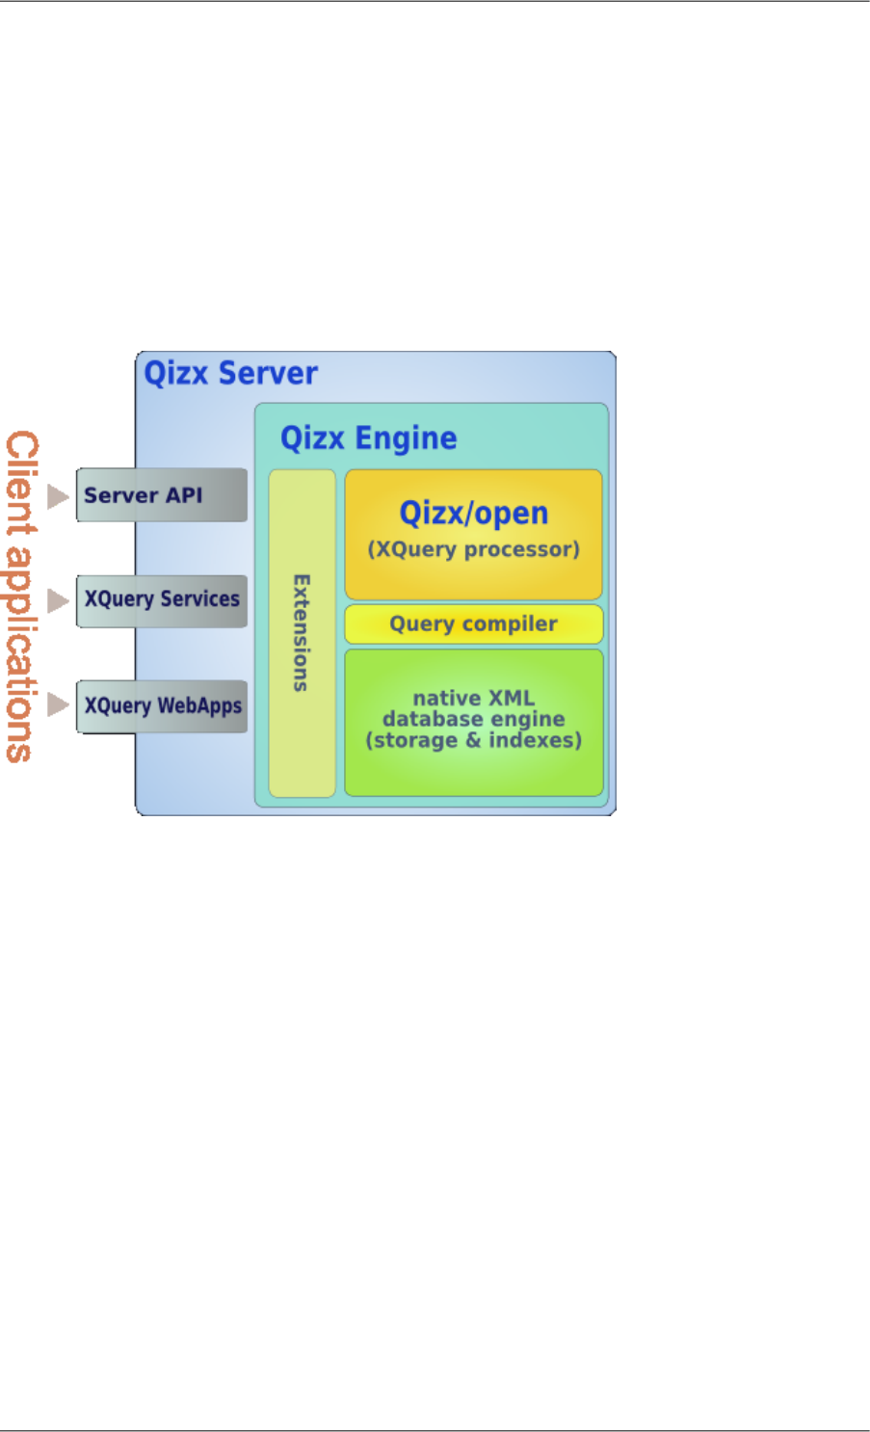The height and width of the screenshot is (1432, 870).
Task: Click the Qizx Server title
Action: [230, 374]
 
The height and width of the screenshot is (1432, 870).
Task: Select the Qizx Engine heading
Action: [368, 438]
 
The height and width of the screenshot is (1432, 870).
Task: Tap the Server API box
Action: [161, 495]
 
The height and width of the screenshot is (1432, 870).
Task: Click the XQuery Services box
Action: [161, 600]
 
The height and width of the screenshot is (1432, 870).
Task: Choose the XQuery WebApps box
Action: [161, 706]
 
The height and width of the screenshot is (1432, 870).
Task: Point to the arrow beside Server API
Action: [59, 496]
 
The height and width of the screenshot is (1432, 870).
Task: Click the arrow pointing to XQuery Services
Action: [59, 600]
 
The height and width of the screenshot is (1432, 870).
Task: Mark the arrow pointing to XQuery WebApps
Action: [59, 704]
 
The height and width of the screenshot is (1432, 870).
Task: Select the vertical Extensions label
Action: [302, 633]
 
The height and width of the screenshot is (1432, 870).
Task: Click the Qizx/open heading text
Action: [473, 514]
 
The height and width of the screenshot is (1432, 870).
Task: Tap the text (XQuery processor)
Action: [473, 549]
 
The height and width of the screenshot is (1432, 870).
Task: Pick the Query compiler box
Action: [473, 624]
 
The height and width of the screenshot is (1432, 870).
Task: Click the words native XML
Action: [473, 698]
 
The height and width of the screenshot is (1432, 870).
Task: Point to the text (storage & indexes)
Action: [473, 740]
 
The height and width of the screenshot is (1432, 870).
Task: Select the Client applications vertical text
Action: [22, 597]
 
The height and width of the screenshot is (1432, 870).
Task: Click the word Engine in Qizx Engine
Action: [406, 439]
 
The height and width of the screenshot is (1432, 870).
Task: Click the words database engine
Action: [473, 719]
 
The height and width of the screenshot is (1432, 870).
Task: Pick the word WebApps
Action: [199, 706]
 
